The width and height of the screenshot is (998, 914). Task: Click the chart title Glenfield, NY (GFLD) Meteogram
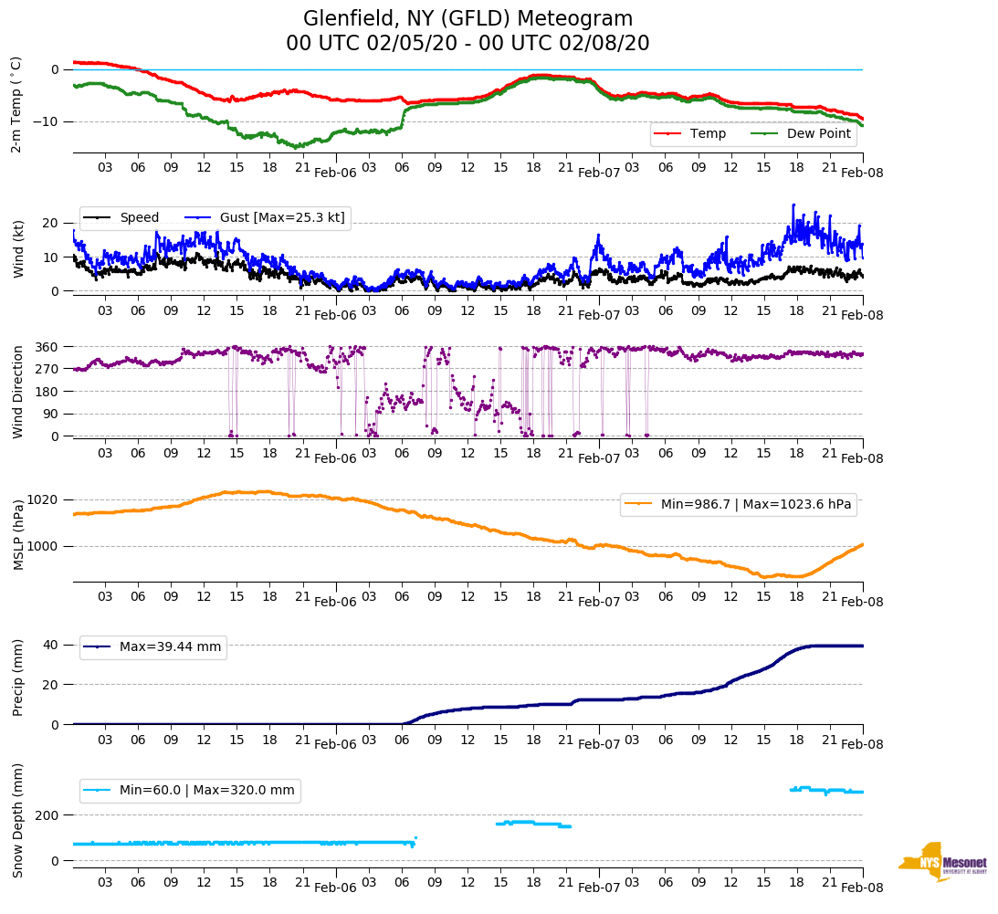pyautogui.click(x=467, y=19)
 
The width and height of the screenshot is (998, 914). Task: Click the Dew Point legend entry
pyautogui.click(x=818, y=134)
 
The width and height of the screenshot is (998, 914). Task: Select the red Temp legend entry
pyautogui.click(x=708, y=134)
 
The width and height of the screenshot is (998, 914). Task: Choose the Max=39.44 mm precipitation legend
pyautogui.click(x=170, y=647)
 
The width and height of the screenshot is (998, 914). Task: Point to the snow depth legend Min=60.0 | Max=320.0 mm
pyautogui.click(x=206, y=791)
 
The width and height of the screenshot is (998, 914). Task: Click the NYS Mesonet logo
pyautogui.click(x=941, y=862)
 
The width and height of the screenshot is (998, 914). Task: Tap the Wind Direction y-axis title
pyautogui.click(x=17, y=392)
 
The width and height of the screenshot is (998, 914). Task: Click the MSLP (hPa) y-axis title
pyautogui.click(x=17, y=535)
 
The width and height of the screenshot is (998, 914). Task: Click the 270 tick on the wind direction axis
pyautogui.click(x=47, y=369)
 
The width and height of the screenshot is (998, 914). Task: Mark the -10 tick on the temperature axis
pyautogui.click(x=45, y=121)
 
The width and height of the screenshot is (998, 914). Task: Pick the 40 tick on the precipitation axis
pyautogui.click(x=52, y=645)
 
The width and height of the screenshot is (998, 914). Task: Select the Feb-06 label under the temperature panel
pyautogui.click(x=335, y=172)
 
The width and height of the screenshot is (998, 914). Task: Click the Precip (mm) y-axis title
pyautogui.click(x=17, y=678)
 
